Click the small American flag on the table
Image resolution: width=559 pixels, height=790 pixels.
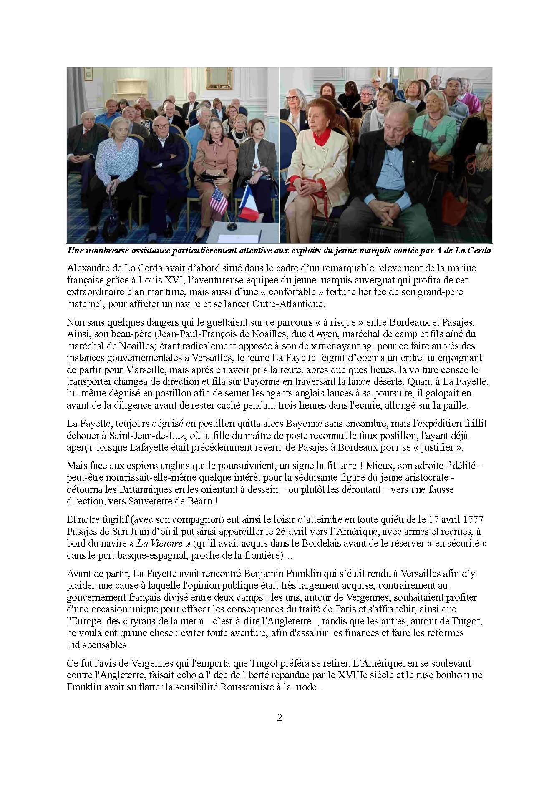(219, 200)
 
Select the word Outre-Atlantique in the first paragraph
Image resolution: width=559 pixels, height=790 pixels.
(288, 304)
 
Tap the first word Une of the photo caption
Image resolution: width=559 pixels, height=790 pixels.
(76, 251)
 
